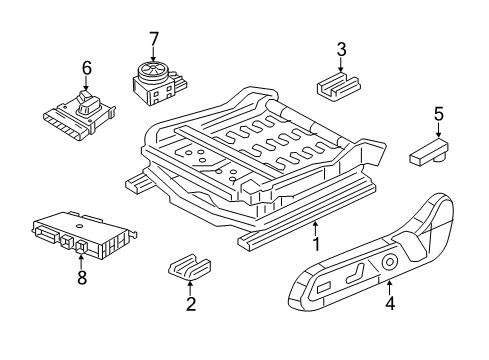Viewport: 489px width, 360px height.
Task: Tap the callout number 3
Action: [x=341, y=49]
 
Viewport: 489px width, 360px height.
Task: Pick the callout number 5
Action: [x=436, y=114]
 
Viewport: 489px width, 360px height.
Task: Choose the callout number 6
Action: [x=86, y=68]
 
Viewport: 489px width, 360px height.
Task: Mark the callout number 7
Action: [x=153, y=39]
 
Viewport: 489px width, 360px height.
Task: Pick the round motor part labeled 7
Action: [x=154, y=80]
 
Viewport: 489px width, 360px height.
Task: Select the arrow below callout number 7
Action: [x=153, y=56]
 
